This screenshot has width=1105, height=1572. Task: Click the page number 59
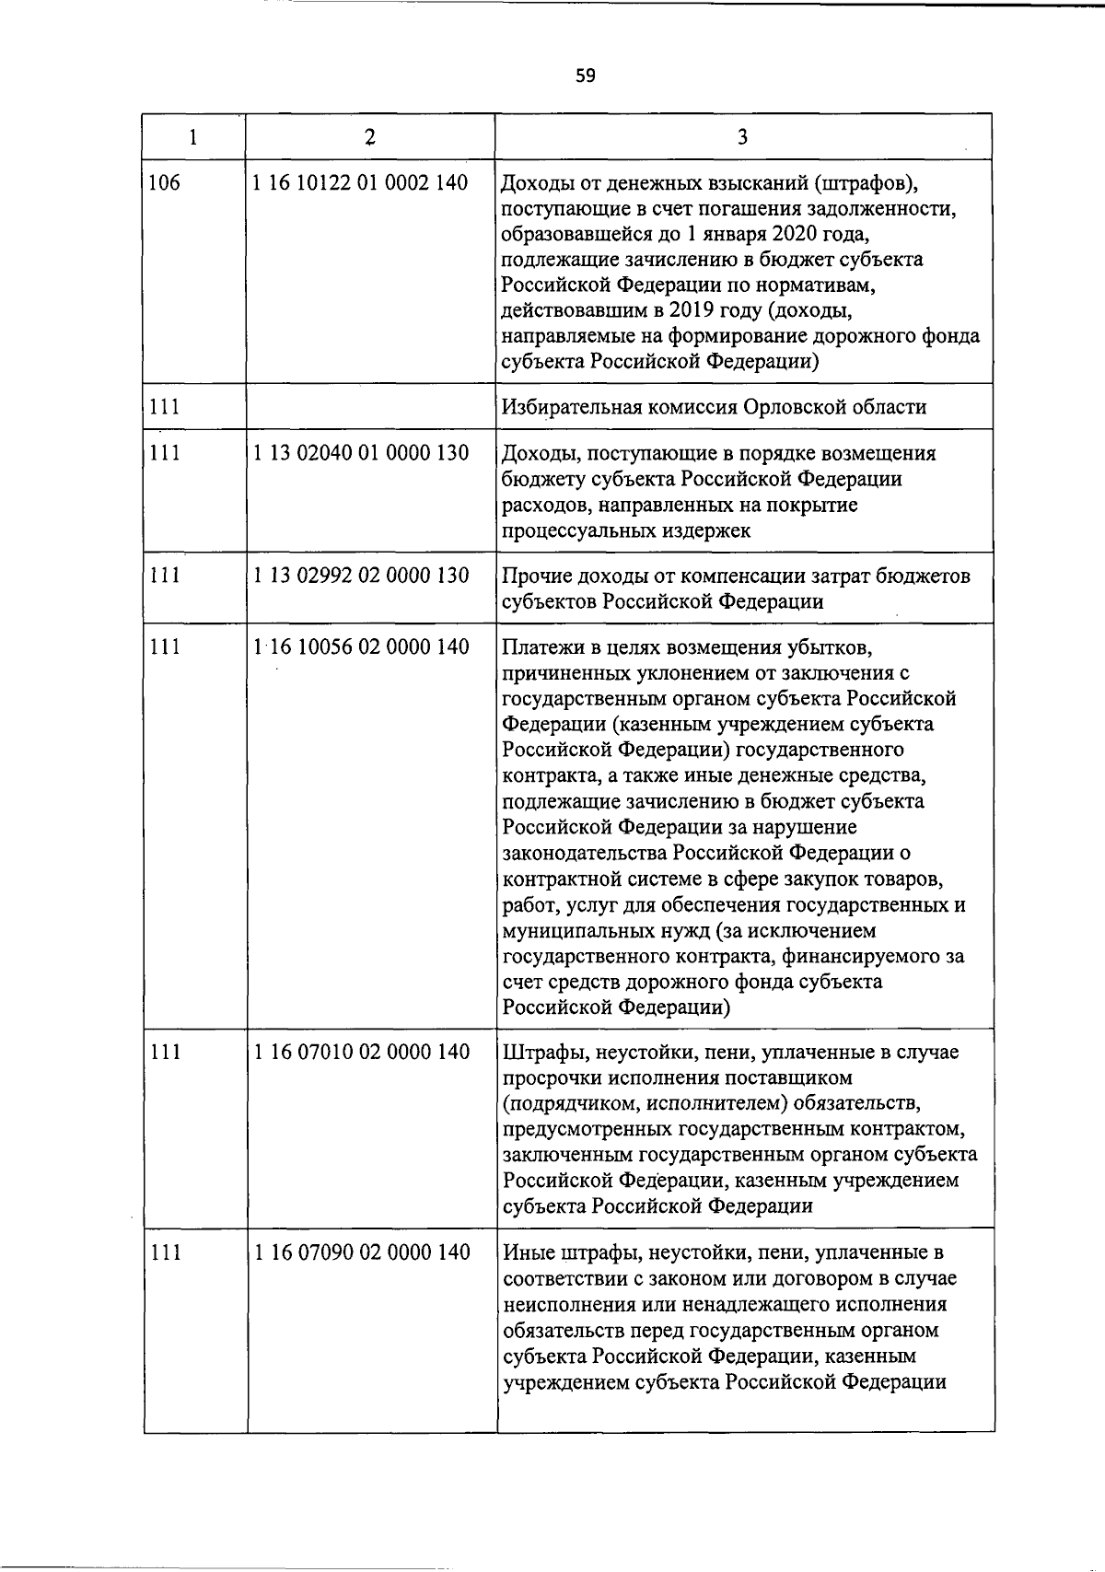(x=586, y=76)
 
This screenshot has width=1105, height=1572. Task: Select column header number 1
(x=193, y=137)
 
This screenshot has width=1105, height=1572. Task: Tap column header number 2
(x=369, y=137)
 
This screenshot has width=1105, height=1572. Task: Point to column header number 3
(x=742, y=137)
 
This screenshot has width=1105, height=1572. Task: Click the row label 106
(x=165, y=182)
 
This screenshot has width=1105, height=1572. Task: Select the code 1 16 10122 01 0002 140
(x=361, y=182)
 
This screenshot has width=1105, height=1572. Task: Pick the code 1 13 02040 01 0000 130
(x=361, y=452)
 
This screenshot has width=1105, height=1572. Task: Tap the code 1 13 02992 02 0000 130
(x=361, y=576)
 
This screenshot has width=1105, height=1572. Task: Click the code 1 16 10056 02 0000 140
(x=361, y=646)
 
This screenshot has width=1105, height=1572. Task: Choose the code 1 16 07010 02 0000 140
(x=361, y=1052)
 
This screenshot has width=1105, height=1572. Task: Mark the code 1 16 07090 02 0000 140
(x=361, y=1252)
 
